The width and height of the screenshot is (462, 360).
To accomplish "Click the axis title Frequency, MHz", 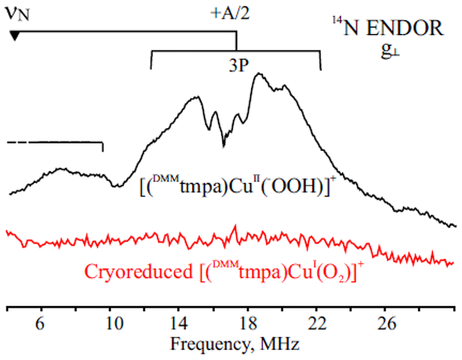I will point(232,344).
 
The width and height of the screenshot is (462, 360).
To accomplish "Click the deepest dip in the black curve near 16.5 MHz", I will point(224,146).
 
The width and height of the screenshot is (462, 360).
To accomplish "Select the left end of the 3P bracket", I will point(151,69).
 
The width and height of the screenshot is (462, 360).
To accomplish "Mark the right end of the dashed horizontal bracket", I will point(103,151).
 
